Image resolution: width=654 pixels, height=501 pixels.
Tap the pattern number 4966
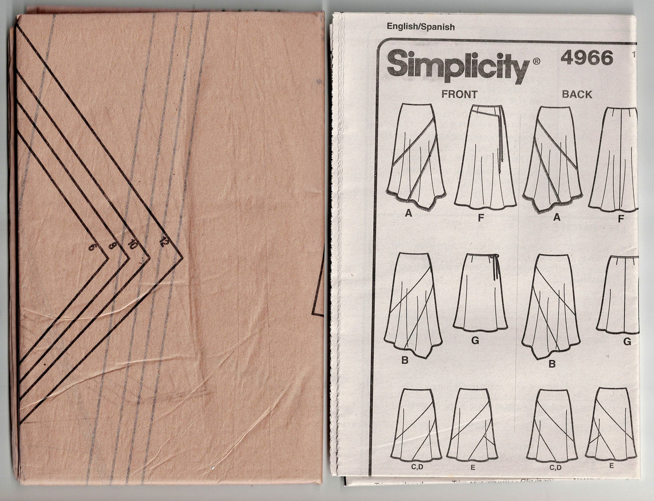587,58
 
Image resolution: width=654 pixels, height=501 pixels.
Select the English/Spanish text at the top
420,27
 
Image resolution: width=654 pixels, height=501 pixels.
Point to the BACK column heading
577,94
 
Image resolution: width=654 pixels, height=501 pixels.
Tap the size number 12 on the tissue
163,242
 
